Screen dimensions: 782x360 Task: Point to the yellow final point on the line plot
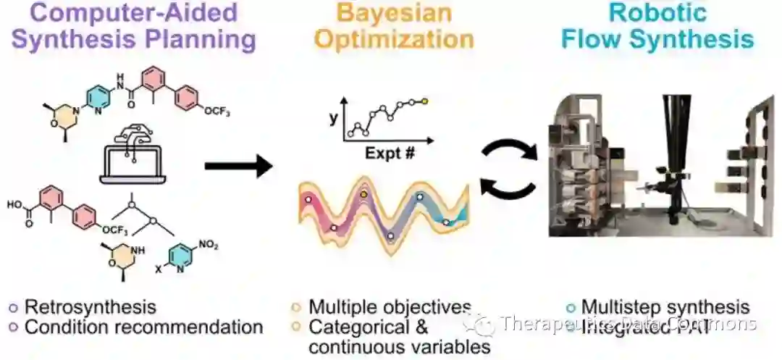[425, 101]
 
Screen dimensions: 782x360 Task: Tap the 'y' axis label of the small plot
[333, 117]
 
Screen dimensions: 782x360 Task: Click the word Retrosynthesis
[91, 306]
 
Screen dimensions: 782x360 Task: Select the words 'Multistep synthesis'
[665, 306]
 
